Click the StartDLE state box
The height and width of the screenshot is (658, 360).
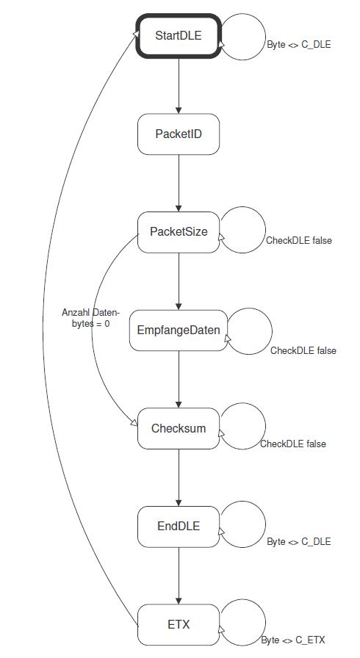[x=179, y=36]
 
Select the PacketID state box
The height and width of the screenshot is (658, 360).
[x=179, y=134]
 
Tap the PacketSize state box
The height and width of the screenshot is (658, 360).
[x=179, y=232]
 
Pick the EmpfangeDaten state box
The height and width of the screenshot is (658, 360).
[x=179, y=330]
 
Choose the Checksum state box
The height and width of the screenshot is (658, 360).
[x=179, y=428]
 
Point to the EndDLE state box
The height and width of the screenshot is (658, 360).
[x=179, y=527]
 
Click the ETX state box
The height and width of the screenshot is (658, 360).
[x=179, y=625]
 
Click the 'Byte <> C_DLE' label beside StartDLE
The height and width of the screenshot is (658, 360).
[x=299, y=45]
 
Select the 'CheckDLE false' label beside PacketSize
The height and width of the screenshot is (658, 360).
[x=299, y=240]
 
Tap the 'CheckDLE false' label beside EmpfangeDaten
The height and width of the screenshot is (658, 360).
[x=303, y=350]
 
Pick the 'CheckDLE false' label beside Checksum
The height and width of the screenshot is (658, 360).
[x=293, y=444]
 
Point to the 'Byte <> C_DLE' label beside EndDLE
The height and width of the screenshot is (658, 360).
[x=299, y=542]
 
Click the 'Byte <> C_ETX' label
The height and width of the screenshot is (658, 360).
[x=293, y=640]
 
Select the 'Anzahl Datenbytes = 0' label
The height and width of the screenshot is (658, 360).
[x=90, y=318]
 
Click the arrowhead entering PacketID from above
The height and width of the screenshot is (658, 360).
[x=179, y=110]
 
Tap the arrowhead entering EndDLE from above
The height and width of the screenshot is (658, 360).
[x=179, y=503]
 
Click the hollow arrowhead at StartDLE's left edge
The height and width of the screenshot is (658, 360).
[x=135, y=34]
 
